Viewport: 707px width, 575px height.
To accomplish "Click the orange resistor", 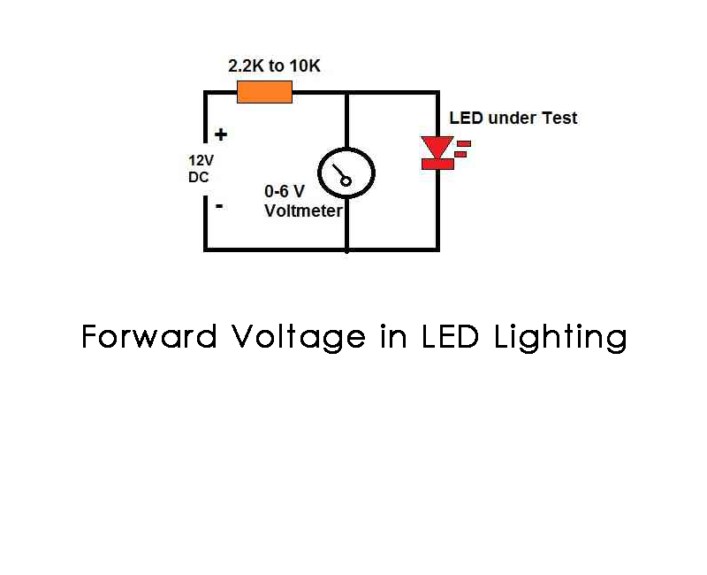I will (264, 91).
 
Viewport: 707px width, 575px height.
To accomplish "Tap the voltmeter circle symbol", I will (346, 173).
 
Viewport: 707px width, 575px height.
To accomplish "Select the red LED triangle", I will (437, 147).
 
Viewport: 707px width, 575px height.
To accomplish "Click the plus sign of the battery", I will (221, 135).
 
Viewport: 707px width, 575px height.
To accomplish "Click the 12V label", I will (201, 162).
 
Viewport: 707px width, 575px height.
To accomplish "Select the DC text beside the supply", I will (199, 177).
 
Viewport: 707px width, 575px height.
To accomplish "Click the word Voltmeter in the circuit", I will (303, 211).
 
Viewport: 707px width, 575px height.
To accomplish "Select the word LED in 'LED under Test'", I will (466, 119).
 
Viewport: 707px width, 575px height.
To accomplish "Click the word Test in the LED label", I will (560, 119).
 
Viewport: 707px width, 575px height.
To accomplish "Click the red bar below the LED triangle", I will (437, 164).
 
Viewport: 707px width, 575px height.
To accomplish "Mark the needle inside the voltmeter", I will (341, 175).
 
